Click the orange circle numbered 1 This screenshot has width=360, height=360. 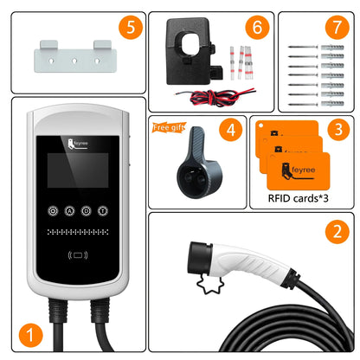(31, 332)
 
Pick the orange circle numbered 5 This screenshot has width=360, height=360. (129, 27)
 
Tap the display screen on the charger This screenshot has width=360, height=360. (78, 177)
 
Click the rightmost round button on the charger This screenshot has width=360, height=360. (103, 210)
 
